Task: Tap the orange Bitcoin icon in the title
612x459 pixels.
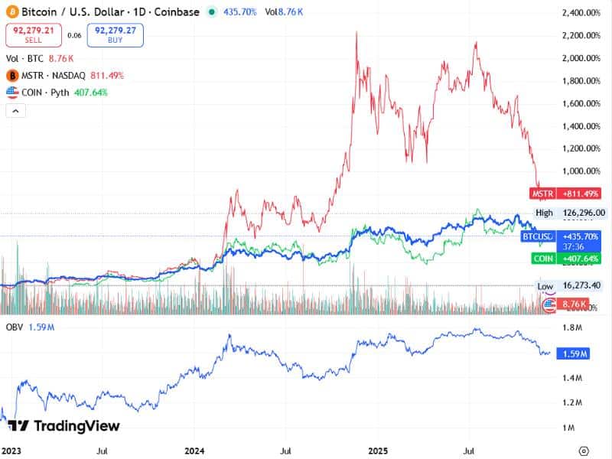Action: pos(11,12)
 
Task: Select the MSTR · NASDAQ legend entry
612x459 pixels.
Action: pos(64,76)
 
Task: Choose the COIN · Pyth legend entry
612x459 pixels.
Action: pos(57,93)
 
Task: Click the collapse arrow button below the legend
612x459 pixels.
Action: pos(15,111)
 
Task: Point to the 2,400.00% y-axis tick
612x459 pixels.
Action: pos(583,13)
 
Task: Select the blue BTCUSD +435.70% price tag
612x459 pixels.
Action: pos(562,237)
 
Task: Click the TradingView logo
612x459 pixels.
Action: pos(64,426)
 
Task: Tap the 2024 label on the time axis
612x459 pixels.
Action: pos(195,451)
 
